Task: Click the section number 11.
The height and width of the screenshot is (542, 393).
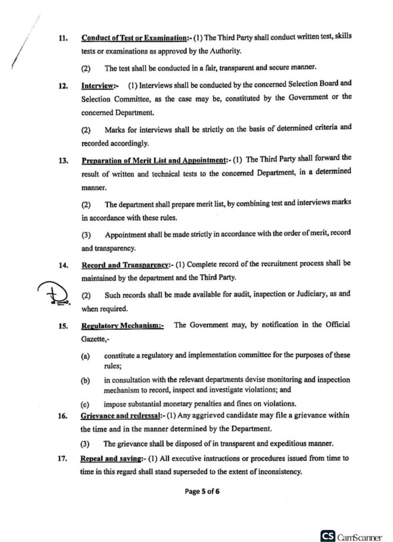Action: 62,39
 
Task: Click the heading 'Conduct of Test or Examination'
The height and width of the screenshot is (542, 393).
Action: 133,39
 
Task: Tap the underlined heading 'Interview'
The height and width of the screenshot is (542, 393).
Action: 100,85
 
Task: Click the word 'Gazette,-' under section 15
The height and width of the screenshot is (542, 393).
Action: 96,337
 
